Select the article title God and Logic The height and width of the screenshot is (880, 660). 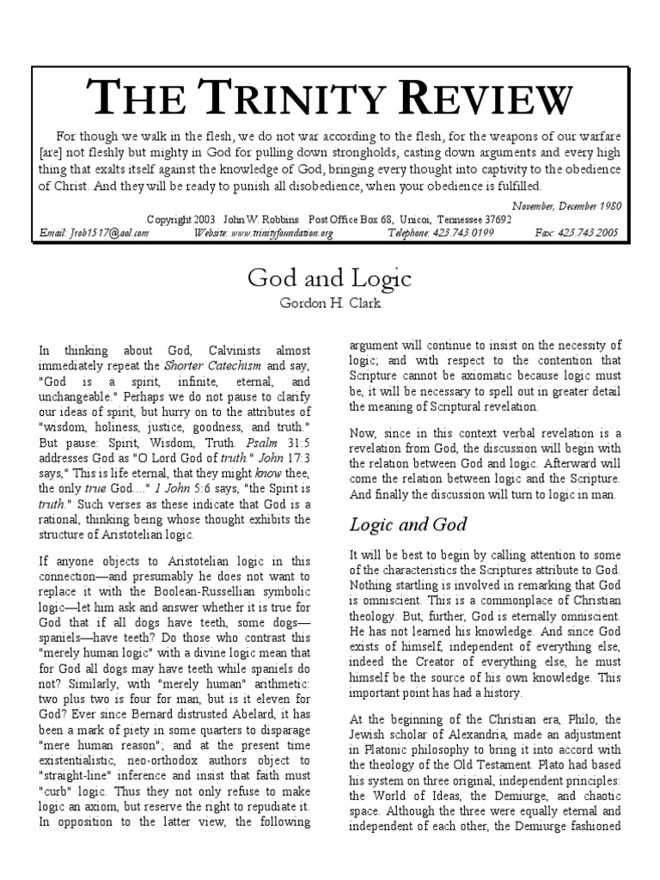[330, 278]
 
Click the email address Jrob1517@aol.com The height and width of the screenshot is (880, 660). [95, 233]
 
